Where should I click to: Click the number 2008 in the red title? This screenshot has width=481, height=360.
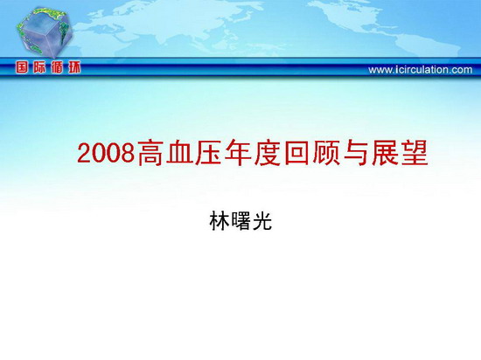(106, 153)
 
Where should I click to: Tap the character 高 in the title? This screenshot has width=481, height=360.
(150, 153)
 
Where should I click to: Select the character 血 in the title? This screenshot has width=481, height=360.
(179, 153)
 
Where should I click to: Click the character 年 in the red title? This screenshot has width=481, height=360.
(238, 153)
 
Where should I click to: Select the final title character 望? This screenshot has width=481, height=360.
(415, 153)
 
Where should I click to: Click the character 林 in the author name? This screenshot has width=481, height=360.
(220, 220)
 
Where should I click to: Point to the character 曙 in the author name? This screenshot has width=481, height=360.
(240, 220)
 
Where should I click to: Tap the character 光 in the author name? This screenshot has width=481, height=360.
(261, 220)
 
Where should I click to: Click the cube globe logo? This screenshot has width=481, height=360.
(45, 32)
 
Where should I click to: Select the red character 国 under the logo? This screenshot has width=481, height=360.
(22, 67)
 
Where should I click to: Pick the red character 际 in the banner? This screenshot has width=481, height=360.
(39, 67)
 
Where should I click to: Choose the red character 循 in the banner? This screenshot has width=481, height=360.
(57, 67)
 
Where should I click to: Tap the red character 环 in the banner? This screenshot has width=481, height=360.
(74, 67)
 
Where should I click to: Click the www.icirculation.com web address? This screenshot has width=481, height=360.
(421, 70)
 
